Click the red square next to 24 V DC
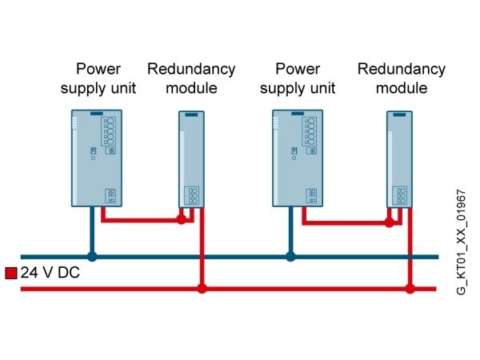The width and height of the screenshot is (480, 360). (x=11, y=273)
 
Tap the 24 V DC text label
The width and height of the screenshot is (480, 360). (x=50, y=273)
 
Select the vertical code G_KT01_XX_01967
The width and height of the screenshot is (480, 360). (x=461, y=242)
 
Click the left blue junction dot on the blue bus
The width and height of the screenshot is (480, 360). (x=92, y=257)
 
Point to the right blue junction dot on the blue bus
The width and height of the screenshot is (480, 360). (x=290, y=257)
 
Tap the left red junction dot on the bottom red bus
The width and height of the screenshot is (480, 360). (x=202, y=288)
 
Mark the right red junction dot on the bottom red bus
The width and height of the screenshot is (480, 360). (x=410, y=288)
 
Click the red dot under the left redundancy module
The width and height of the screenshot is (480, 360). (x=182, y=219)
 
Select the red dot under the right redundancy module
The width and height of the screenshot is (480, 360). (x=390, y=222)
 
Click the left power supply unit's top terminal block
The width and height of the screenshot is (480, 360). (x=108, y=131)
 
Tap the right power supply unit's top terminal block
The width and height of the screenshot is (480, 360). (x=310, y=131)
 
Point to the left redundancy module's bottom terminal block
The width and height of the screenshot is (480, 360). (x=192, y=195)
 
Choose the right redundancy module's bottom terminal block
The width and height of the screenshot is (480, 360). (x=400, y=195)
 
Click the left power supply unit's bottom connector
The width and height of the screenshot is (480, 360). (x=111, y=195)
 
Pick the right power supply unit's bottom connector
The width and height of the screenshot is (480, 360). (x=312, y=195)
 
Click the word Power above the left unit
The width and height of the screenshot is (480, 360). (x=98, y=69)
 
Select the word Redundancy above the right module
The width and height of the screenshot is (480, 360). (x=402, y=69)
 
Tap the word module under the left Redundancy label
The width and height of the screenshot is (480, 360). (x=192, y=88)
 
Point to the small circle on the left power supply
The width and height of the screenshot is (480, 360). (x=93, y=158)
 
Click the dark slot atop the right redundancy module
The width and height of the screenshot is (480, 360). (x=399, y=114)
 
